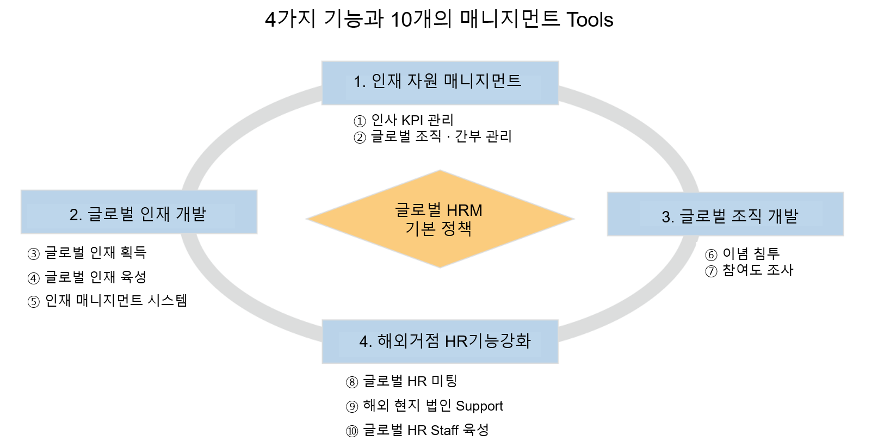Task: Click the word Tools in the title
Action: click(x=590, y=20)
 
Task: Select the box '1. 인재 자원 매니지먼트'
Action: click(x=440, y=83)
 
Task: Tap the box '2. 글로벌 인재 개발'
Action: click(x=139, y=212)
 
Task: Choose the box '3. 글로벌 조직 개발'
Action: click(x=725, y=214)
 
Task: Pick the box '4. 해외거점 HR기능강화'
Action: click(x=440, y=342)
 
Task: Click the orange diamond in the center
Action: click(x=440, y=219)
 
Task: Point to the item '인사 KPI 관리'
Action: click(x=412, y=120)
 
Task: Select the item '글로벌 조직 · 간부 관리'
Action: click(x=441, y=136)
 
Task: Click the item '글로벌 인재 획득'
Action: click(x=96, y=252)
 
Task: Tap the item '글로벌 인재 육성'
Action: click(x=96, y=277)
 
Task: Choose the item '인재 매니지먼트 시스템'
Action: click(x=116, y=301)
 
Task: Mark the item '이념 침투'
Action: click(x=751, y=254)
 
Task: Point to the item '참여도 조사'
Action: click(x=758, y=270)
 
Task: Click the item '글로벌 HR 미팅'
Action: click(x=410, y=381)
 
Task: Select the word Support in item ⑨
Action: click(x=479, y=406)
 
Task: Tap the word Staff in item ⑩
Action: click(x=444, y=430)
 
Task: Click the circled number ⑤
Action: click(x=34, y=302)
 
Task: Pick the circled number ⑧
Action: click(x=352, y=382)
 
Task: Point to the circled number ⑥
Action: click(x=711, y=255)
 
